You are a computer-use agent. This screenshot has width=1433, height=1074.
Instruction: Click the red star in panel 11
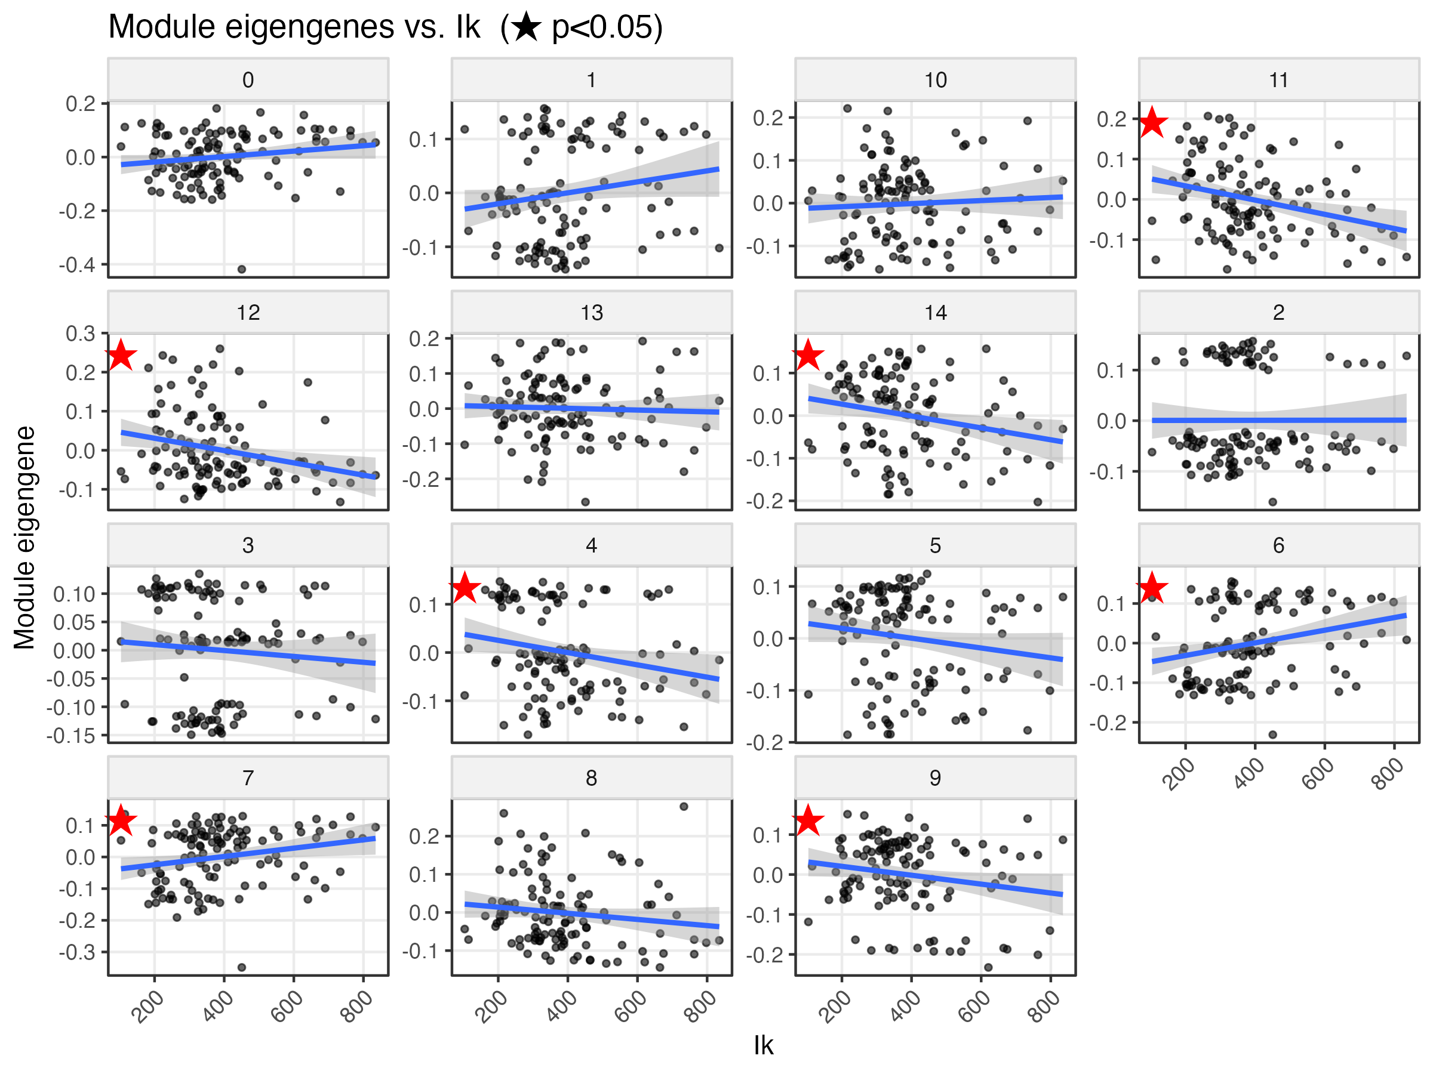(x=1152, y=123)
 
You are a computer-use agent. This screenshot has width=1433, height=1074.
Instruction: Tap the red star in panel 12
(x=121, y=356)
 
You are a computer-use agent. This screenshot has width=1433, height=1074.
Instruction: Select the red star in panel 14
(x=808, y=356)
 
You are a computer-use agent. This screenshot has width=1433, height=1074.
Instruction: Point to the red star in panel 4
(x=465, y=588)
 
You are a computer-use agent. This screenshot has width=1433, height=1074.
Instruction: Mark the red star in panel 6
(x=1152, y=588)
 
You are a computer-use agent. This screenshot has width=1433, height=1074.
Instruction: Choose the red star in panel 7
(x=121, y=821)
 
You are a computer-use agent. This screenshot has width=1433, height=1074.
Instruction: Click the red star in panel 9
(x=808, y=821)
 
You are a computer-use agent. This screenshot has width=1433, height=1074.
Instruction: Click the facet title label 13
(x=592, y=313)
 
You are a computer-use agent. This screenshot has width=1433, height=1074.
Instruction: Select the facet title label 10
(x=935, y=81)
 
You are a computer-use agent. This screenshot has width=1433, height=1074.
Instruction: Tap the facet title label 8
(x=592, y=778)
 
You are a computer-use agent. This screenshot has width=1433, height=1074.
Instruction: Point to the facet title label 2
(x=1278, y=313)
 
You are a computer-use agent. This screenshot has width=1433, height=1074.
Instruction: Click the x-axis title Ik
(x=763, y=1045)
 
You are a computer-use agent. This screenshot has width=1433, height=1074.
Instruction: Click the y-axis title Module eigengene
(x=24, y=538)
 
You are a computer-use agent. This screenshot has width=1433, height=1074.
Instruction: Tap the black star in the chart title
(x=526, y=28)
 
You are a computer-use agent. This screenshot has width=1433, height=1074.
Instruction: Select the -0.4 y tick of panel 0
(x=77, y=265)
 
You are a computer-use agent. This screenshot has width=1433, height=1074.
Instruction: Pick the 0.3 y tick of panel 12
(x=81, y=334)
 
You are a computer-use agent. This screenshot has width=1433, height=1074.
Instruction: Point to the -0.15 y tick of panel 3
(x=70, y=736)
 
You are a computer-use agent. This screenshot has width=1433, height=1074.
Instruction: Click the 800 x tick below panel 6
(x=1387, y=774)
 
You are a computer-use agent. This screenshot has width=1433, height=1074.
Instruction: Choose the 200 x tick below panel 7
(x=147, y=1007)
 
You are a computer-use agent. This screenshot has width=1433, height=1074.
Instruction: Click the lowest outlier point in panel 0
(x=242, y=269)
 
